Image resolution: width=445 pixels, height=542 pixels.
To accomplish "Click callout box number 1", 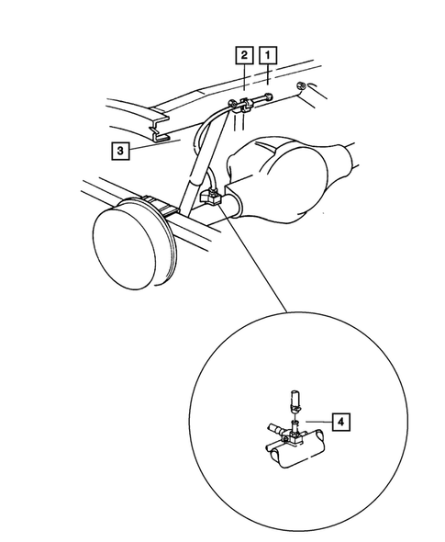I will [267, 54].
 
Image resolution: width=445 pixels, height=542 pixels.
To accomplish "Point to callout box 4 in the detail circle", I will [341, 422].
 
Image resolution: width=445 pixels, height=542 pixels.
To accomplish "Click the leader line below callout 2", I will [245, 77].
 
